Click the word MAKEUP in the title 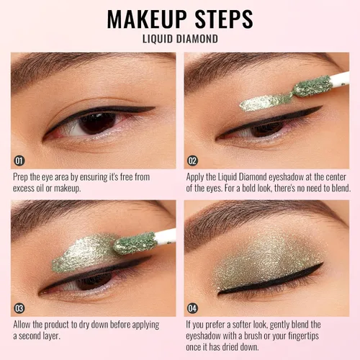pos(147,19)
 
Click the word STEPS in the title pos(224,19)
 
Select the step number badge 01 pos(19,161)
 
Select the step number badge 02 pos(192,161)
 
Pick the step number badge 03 pos(19,308)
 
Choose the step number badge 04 pos(192,308)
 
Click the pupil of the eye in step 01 pos(98,123)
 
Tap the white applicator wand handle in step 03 pos(166,236)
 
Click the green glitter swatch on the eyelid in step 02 pos(265,102)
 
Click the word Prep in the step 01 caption pos(20,177)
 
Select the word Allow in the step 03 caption pos(22,325)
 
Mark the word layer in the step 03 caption pos(51,336)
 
